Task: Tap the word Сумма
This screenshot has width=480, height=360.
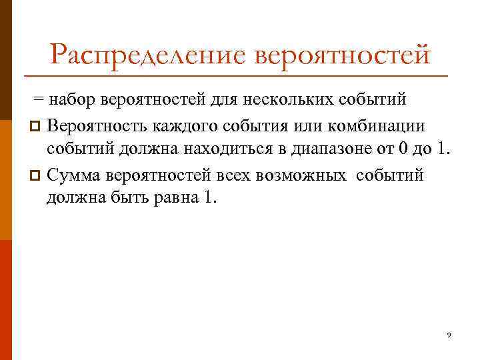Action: pyautogui.click(x=74, y=175)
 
